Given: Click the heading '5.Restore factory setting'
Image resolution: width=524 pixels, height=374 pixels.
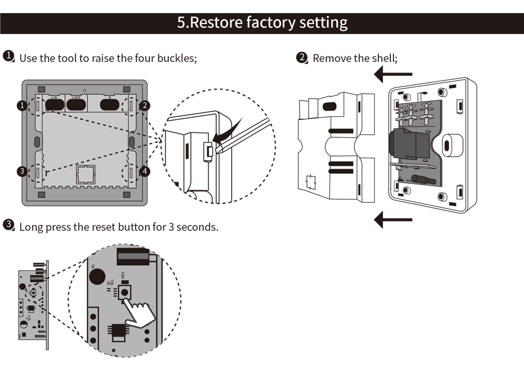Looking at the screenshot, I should coord(262,23).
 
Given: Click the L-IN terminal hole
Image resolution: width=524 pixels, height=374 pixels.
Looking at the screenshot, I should coord(53,105).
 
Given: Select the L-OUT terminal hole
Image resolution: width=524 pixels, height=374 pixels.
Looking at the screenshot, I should coord(76,105).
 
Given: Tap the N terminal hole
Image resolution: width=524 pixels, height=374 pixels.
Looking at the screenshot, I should coord(109,105).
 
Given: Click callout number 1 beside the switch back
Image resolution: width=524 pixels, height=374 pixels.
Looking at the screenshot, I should coord(21,106).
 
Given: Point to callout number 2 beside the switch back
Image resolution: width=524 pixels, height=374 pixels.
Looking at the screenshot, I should coord(145,106).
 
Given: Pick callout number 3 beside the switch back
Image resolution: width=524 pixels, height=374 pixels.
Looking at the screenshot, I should coord(21,171).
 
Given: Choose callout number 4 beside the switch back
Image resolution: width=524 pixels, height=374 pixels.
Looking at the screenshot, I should coord(145,171).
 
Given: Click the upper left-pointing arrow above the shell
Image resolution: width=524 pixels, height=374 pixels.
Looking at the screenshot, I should coord(394,74).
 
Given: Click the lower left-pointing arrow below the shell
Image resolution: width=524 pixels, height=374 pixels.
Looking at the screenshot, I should coord(394,219).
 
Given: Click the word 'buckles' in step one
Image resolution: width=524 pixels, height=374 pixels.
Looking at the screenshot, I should coord(178,58).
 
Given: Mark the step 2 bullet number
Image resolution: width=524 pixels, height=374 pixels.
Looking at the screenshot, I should coord(301,57).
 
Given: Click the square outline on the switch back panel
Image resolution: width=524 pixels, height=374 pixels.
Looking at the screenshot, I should coord(85,174).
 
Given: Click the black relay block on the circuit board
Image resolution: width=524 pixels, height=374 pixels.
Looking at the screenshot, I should coord(405,144).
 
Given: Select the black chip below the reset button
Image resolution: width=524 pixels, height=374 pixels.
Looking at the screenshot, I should coord(118,332).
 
